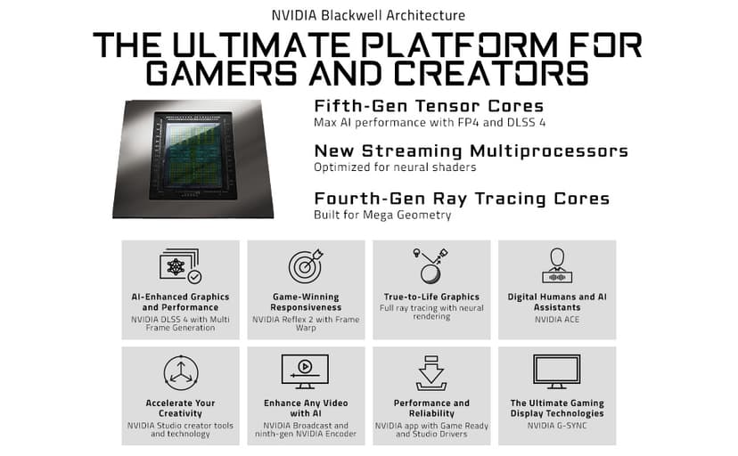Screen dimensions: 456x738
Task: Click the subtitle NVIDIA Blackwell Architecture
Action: tap(368, 15)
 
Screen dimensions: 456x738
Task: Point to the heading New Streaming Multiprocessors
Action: tap(471, 151)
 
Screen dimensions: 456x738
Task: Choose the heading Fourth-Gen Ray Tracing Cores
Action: tap(462, 199)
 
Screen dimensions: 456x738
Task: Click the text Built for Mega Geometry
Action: tap(382, 215)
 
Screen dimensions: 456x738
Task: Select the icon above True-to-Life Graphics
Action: tap(430, 265)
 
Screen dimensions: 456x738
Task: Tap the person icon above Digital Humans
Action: tap(557, 265)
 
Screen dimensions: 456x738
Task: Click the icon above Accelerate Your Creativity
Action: tap(180, 372)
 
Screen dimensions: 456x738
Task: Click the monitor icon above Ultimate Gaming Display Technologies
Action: tap(557, 371)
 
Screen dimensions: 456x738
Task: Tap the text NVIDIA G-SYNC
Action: tap(557, 425)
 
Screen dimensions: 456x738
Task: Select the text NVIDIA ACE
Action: tap(557, 318)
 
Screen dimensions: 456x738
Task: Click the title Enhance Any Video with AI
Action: tap(306, 408)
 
